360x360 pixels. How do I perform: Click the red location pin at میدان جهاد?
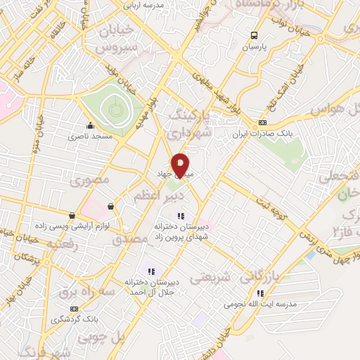(x=181, y=165)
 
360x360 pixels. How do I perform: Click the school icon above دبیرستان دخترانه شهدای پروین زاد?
(x=180, y=216)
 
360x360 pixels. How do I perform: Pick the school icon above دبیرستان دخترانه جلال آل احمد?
(x=150, y=271)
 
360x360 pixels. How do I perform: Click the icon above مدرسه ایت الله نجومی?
(x=260, y=293)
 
